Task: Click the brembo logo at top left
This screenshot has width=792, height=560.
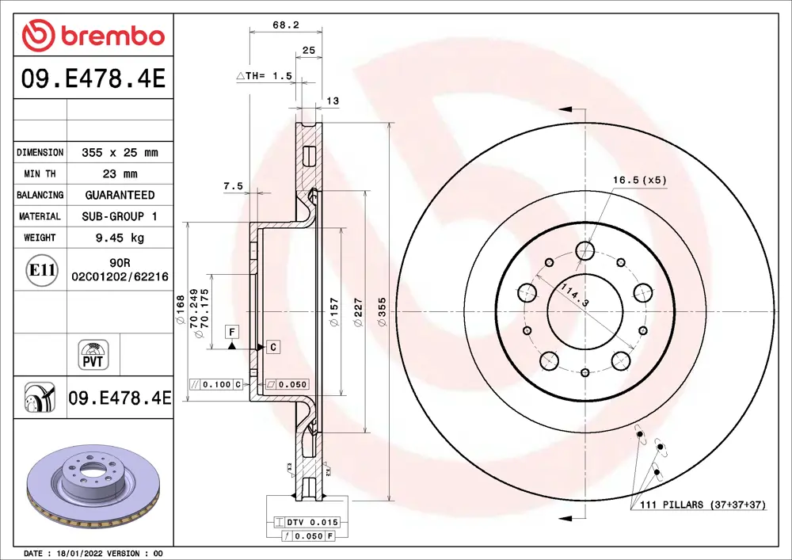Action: point(93,35)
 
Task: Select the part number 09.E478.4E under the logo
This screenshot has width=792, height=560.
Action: point(93,80)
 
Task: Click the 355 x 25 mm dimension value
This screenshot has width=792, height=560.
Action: point(120,152)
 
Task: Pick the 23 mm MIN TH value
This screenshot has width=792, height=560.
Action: point(120,173)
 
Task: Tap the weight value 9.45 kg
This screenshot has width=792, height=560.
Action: point(120,238)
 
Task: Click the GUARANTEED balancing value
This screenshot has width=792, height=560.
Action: point(120,195)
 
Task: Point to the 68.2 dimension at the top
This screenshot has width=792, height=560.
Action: point(285,25)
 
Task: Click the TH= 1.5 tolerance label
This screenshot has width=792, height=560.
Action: point(265,76)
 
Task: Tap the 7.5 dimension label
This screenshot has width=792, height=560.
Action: point(233,186)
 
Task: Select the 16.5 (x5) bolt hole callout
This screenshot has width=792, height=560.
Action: point(639,180)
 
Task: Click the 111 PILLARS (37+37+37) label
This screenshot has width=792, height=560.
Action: point(699,505)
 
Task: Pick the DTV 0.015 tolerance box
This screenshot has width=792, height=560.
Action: point(307,522)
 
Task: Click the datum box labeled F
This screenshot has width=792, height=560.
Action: point(232,331)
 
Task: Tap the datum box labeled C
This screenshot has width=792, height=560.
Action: point(272,347)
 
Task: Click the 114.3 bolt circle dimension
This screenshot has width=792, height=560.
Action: point(576,296)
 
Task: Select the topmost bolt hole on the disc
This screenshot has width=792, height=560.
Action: point(585,251)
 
